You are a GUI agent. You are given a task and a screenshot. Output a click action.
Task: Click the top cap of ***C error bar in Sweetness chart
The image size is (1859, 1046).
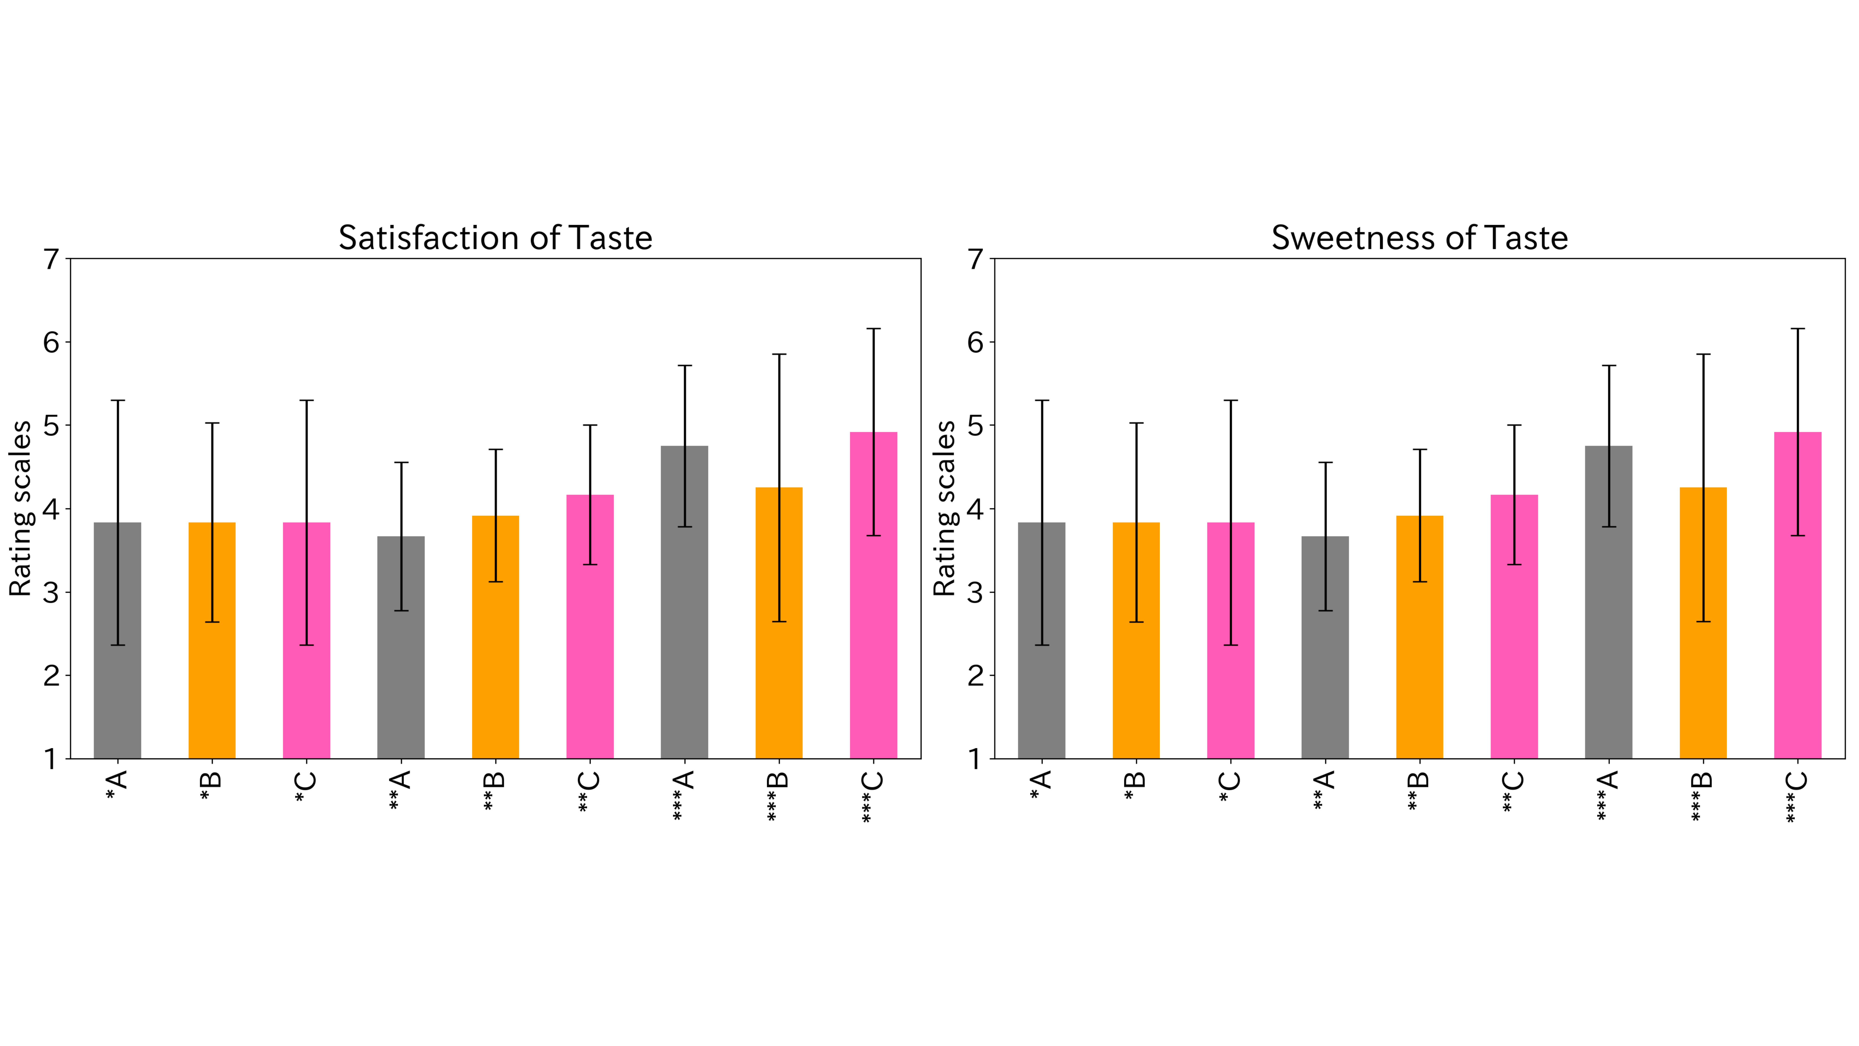click(x=1798, y=329)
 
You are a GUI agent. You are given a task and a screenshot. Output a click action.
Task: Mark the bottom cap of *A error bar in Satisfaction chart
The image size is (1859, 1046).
click(x=118, y=645)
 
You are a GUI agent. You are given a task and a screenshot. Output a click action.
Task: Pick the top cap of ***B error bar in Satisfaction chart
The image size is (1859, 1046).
click(x=779, y=354)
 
